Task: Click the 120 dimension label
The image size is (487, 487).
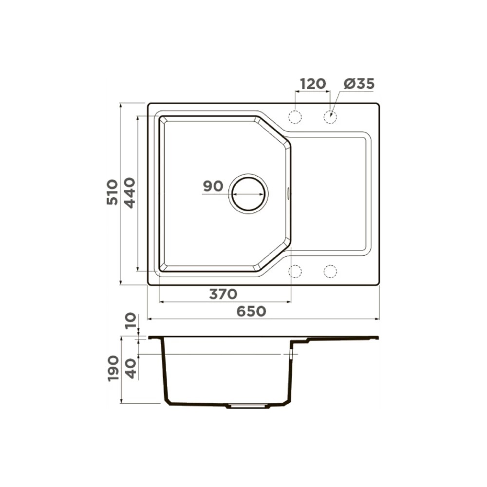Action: (313, 84)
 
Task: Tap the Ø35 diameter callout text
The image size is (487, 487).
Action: (359, 84)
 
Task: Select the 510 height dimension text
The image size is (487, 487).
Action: (112, 192)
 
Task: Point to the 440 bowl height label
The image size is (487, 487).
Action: (130, 192)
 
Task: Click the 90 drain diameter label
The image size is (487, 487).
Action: (213, 186)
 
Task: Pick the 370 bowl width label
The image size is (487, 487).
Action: (223, 294)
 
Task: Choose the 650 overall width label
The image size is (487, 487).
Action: (251, 311)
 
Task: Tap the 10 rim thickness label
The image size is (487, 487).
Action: (131, 321)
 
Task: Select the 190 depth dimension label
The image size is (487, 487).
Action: (113, 369)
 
